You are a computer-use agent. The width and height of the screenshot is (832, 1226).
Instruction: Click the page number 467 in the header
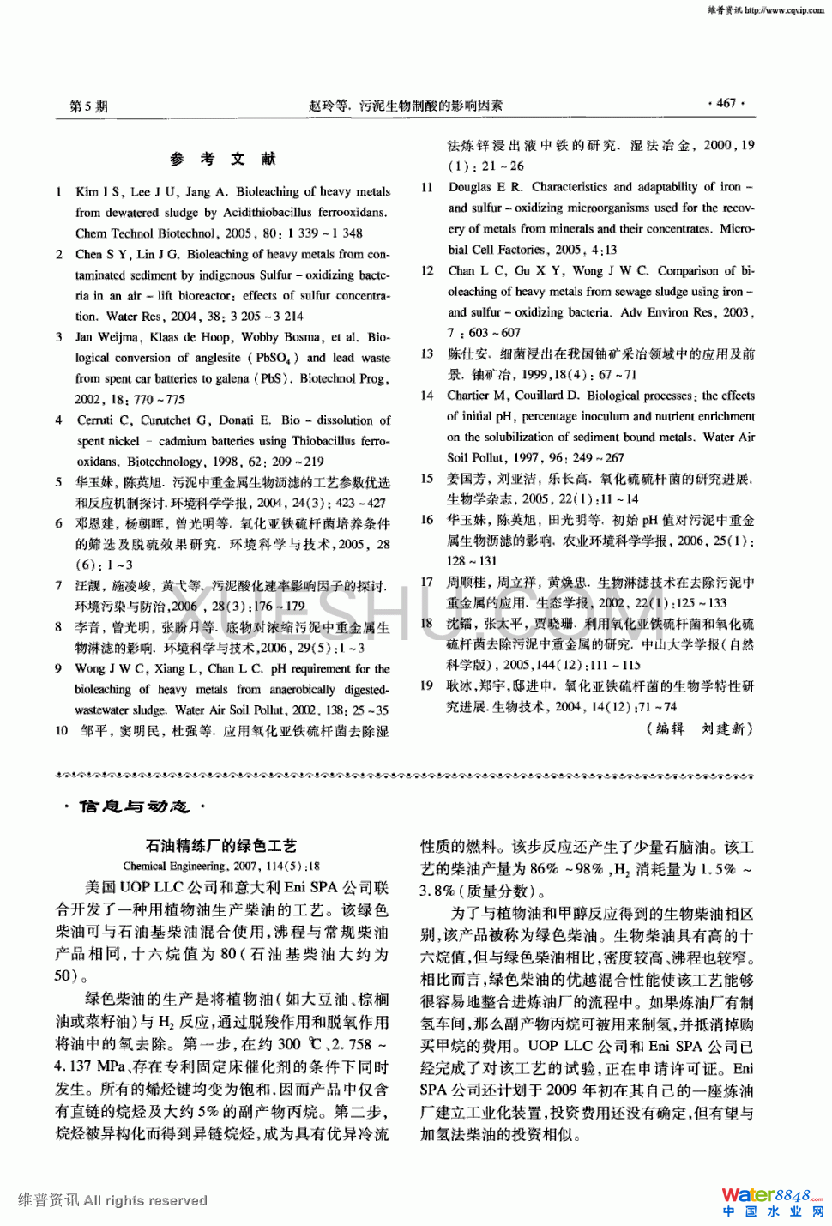726,104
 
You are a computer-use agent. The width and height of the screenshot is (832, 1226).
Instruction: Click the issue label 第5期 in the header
88,106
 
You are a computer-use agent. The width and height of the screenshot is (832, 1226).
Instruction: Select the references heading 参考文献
222,159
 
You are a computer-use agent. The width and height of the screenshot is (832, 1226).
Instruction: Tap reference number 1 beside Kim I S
58,191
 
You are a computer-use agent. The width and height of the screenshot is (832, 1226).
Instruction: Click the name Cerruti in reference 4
94,420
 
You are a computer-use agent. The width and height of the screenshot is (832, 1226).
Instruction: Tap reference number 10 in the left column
61,731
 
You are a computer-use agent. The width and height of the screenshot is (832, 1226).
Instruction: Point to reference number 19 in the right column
426,685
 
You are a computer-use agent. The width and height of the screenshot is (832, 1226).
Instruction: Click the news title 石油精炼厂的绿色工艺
221,845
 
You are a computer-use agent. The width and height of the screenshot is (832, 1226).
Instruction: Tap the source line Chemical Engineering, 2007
220,866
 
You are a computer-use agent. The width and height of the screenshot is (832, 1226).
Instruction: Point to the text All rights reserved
145,1200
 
